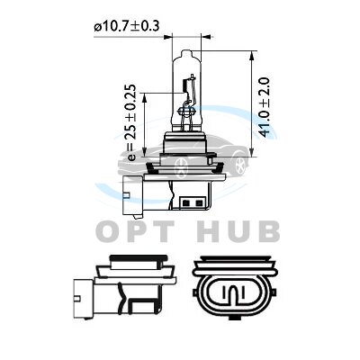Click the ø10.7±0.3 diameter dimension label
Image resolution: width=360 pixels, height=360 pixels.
[x=126, y=26]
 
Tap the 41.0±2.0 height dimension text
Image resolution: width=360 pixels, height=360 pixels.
[x=265, y=107]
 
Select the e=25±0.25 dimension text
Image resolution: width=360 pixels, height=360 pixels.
[x=130, y=123]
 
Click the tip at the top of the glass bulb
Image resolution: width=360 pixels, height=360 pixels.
[x=186, y=51]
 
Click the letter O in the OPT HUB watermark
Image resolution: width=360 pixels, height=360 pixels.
[x=110, y=231]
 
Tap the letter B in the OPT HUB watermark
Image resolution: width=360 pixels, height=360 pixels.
[x=267, y=231]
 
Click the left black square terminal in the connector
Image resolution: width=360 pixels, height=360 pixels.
[x=185, y=203]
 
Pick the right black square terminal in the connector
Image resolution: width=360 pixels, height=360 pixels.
[x=198, y=203]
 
